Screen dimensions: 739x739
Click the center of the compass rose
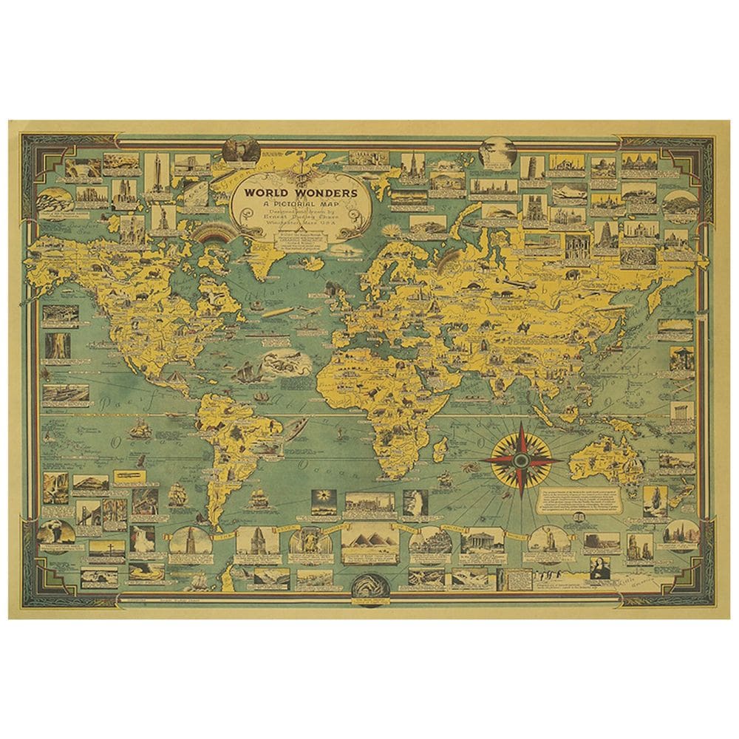tap(522, 460)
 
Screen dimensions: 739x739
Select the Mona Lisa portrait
tap(603, 570)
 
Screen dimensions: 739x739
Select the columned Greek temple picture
tap(482, 543)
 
